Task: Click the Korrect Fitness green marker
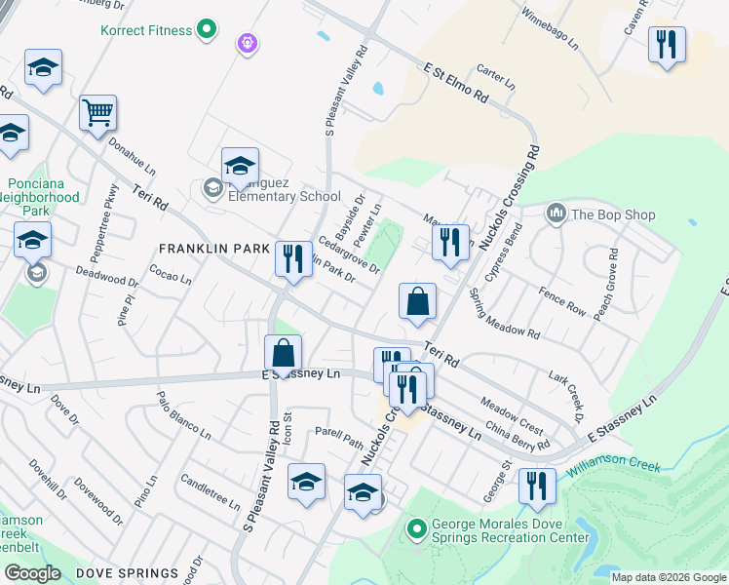click(x=206, y=30)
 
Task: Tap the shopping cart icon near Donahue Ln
click(x=98, y=113)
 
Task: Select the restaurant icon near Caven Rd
click(x=667, y=45)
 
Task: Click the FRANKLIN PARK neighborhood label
click(x=215, y=249)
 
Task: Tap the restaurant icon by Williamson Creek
click(x=537, y=486)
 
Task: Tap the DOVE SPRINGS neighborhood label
click(x=128, y=573)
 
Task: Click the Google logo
click(x=32, y=573)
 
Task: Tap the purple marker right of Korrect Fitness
click(x=247, y=43)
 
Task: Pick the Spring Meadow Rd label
click(x=503, y=313)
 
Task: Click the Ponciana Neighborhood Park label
click(x=42, y=196)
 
